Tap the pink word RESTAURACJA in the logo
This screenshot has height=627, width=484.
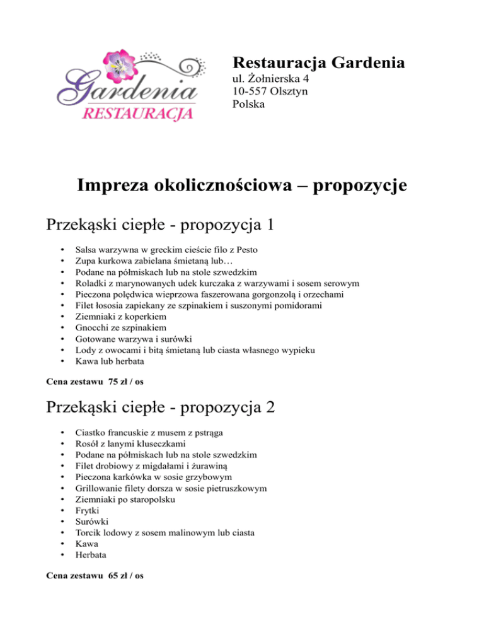pos(138,114)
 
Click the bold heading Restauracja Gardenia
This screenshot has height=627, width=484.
pos(318,63)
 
